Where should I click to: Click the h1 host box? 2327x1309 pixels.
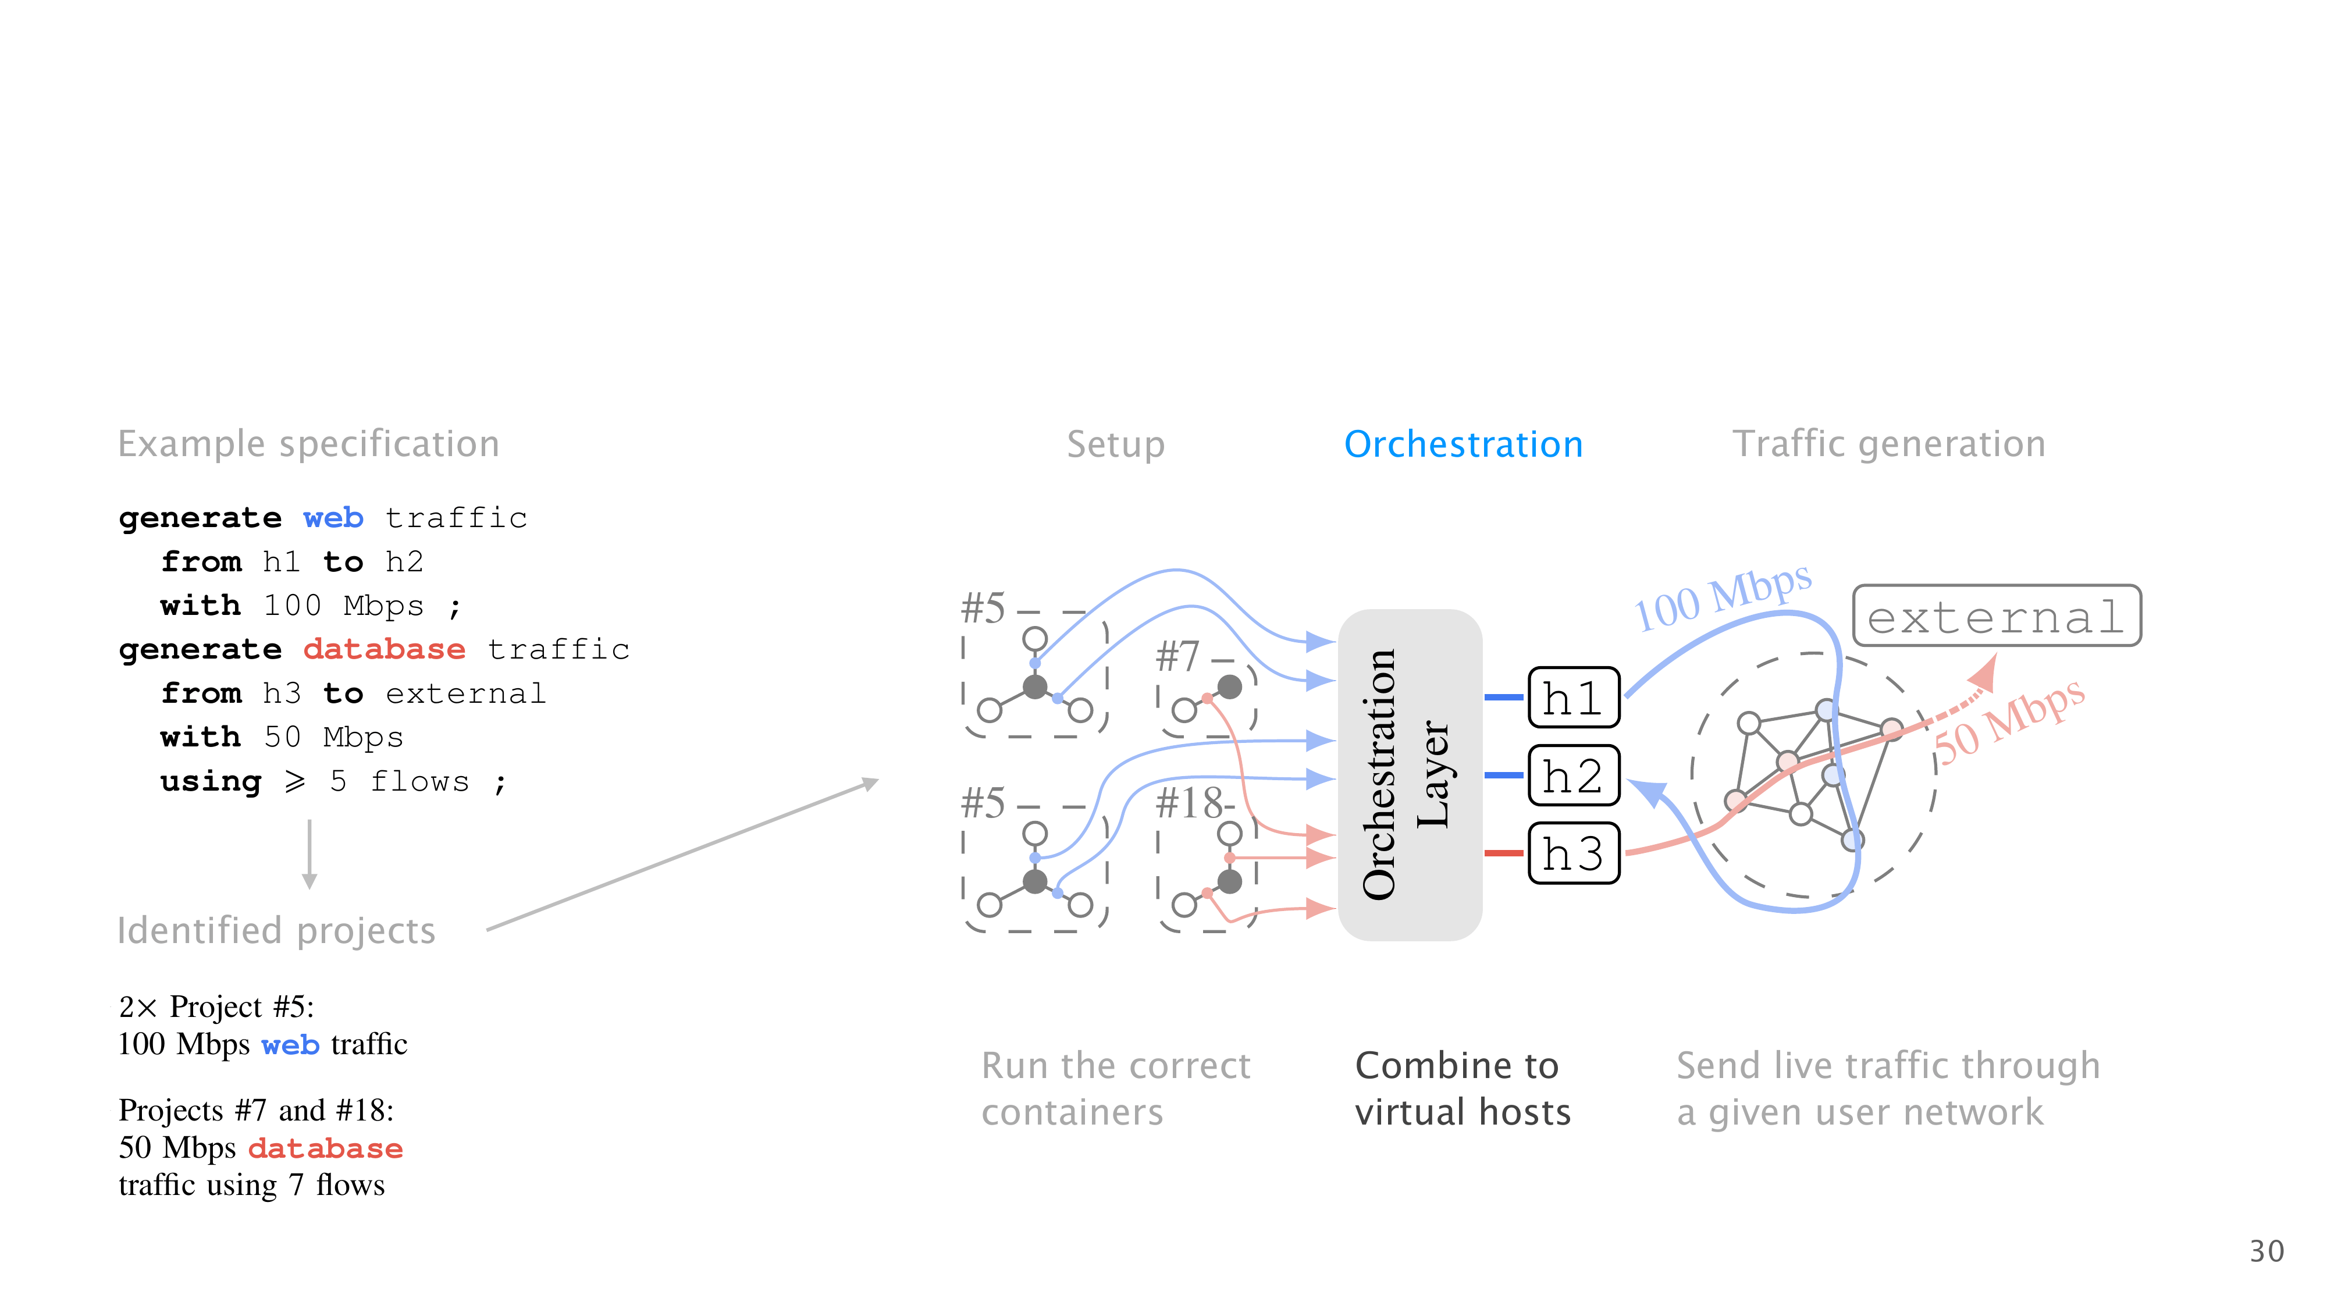(1572, 698)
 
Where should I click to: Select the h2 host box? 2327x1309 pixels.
(1572, 775)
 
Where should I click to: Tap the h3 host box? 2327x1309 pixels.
(1572, 853)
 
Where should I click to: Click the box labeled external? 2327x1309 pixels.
(1995, 616)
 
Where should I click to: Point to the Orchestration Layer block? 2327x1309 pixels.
(1409, 774)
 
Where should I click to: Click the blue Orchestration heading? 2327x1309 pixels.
(1463, 444)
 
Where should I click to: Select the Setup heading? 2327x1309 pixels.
(1116, 444)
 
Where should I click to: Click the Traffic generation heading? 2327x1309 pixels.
(1888, 444)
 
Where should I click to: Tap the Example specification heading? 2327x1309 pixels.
(308, 444)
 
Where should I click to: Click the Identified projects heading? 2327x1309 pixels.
(276, 930)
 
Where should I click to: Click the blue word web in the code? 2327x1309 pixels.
(332, 518)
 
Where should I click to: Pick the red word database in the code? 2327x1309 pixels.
(384, 649)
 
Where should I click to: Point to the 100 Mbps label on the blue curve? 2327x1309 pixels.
(1722, 598)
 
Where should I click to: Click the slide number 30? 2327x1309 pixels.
(2265, 1251)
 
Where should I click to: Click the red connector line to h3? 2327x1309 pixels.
(1503, 853)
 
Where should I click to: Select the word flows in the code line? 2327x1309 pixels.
(420, 781)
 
